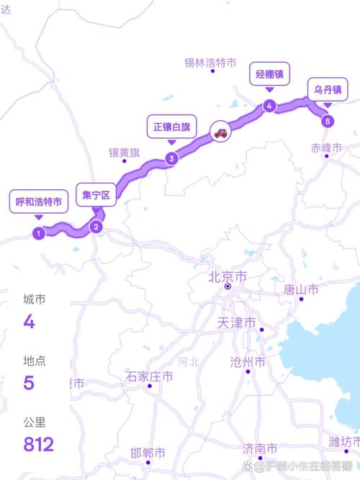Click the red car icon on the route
point(220,132)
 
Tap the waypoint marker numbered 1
point(38,232)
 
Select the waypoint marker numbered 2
point(96,227)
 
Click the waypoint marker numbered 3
point(171,159)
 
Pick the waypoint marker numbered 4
point(269,106)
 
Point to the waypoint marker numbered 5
point(328,121)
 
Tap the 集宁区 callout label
point(96,195)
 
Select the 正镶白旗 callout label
point(171,127)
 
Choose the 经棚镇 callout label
point(269,74)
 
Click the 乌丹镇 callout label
point(328,90)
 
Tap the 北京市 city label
point(227,276)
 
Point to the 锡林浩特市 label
point(210,63)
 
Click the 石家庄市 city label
point(150,376)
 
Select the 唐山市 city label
point(301,289)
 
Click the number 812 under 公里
point(38,444)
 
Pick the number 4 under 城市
point(29,321)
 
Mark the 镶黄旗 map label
point(125,153)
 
